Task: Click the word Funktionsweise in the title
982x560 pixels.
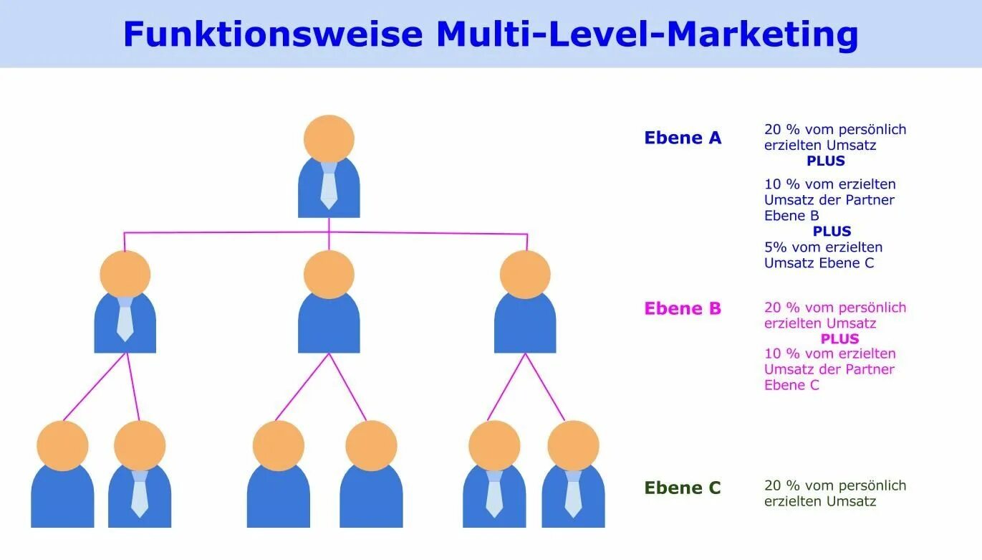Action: click(273, 34)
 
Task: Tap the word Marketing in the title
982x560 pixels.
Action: click(762, 34)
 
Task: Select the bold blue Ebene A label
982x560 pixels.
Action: click(683, 138)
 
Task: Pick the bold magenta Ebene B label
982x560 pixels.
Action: click(683, 308)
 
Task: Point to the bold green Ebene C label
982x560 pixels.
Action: click(683, 488)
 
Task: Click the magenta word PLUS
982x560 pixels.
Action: click(839, 338)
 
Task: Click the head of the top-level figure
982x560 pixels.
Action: click(329, 139)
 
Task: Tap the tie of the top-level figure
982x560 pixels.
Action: click(329, 185)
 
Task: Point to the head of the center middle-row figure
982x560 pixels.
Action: click(329, 275)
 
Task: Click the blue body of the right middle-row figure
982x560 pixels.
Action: click(525, 326)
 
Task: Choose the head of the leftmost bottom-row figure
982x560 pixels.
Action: click(62, 445)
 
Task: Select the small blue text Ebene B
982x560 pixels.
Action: click(791, 215)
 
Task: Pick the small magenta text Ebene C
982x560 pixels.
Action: click(791, 385)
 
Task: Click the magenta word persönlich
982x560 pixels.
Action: click(872, 308)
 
